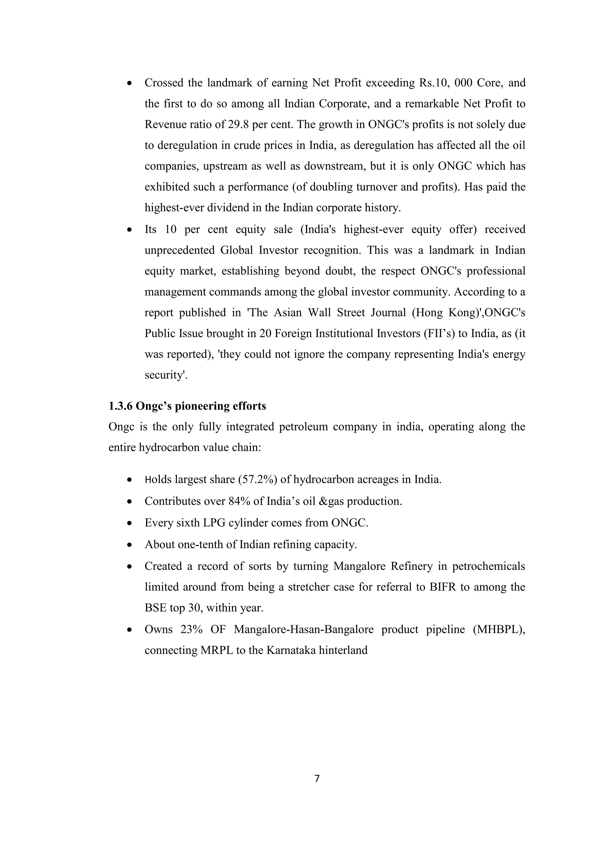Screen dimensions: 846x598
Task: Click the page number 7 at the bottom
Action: click(x=317, y=779)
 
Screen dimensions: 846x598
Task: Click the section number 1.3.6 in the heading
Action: click(x=120, y=406)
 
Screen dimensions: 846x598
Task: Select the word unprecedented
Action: click(x=179, y=250)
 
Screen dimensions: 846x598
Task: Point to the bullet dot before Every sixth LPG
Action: click(x=129, y=523)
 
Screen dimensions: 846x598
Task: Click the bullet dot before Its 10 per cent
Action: click(x=129, y=230)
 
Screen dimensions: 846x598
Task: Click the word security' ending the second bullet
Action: click(x=166, y=375)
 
